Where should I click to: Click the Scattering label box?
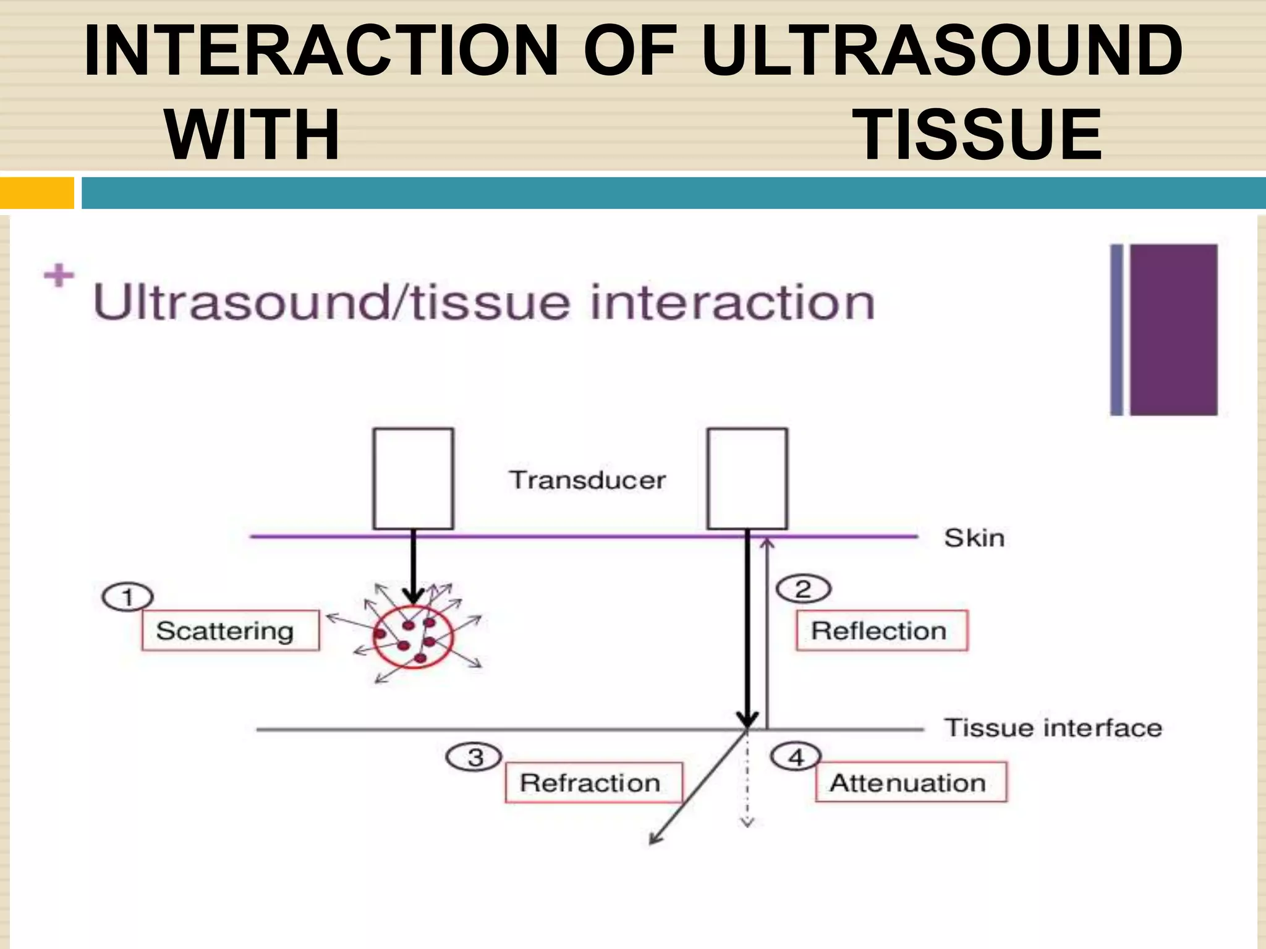click(230, 630)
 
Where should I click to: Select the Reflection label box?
click(881, 630)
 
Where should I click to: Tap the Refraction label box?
click(593, 782)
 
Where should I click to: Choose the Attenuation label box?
click(910, 782)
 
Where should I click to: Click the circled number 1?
click(127, 597)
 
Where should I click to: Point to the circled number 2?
click(803, 589)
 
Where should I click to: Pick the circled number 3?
click(474, 757)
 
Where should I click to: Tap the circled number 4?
click(796, 756)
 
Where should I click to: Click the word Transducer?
click(587, 480)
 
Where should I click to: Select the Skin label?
click(974, 538)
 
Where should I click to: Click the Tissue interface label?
click(1053, 727)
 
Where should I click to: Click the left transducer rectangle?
click(413, 479)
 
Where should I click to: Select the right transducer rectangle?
click(747, 479)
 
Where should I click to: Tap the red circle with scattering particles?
click(413, 638)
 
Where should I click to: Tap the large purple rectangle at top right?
click(1173, 329)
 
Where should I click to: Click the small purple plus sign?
click(59, 276)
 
